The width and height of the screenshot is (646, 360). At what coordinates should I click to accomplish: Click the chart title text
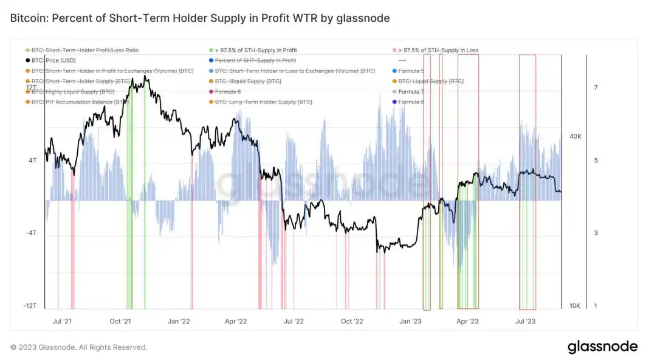pyautogui.click(x=200, y=18)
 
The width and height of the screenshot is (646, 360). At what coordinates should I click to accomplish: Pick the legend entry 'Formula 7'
pyautogui.click(x=411, y=91)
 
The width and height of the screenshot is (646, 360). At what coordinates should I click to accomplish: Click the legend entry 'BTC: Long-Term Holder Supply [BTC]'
pyautogui.click(x=263, y=102)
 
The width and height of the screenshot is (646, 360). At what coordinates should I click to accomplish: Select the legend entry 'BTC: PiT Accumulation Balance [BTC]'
pyautogui.click(x=80, y=102)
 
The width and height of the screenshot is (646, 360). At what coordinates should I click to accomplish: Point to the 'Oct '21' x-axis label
pyautogui.click(x=121, y=320)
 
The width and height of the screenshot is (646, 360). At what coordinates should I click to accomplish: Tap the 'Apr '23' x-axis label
pyautogui.click(x=467, y=320)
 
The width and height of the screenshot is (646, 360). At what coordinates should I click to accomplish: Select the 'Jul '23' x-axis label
pyautogui.click(x=525, y=320)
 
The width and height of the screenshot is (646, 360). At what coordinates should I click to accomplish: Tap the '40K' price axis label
pyautogui.click(x=575, y=136)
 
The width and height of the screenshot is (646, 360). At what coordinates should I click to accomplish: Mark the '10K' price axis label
pyautogui.click(x=575, y=306)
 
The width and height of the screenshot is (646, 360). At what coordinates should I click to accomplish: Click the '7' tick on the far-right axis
pyautogui.click(x=596, y=88)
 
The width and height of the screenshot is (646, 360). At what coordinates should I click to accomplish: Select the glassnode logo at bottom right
pyautogui.click(x=602, y=347)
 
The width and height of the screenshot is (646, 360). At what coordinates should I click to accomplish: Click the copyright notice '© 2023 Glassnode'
pyautogui.click(x=78, y=347)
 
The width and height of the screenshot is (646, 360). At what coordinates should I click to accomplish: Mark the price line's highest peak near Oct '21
pyautogui.click(x=145, y=76)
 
